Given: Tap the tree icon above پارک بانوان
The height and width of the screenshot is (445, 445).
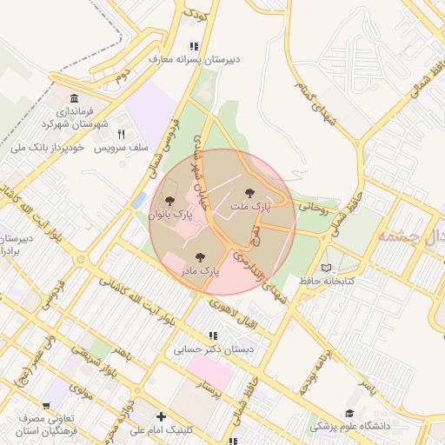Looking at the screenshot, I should pyautogui.click(x=169, y=201).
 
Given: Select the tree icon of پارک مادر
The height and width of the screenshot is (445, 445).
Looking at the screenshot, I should pyautogui.click(x=201, y=257).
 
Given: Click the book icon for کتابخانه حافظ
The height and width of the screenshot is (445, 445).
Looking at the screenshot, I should pyautogui.click(x=326, y=269).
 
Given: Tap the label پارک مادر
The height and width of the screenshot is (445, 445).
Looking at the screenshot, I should pyautogui.click(x=201, y=270).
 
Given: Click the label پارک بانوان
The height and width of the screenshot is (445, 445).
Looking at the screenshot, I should pyautogui.click(x=170, y=214).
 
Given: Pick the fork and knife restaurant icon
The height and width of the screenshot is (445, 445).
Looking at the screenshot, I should pyautogui.click(x=121, y=135).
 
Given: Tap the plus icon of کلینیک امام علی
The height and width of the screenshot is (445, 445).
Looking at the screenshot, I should pyautogui.click(x=162, y=416).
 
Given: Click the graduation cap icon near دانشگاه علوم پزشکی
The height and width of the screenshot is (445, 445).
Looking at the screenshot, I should pyautogui.click(x=349, y=413).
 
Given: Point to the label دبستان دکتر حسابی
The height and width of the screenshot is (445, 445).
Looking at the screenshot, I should pyautogui.click(x=213, y=349).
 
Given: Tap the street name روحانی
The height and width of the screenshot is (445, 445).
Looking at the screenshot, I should pyautogui.click(x=314, y=207).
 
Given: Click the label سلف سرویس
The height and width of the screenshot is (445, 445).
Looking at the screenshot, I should pyautogui.click(x=118, y=148).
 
